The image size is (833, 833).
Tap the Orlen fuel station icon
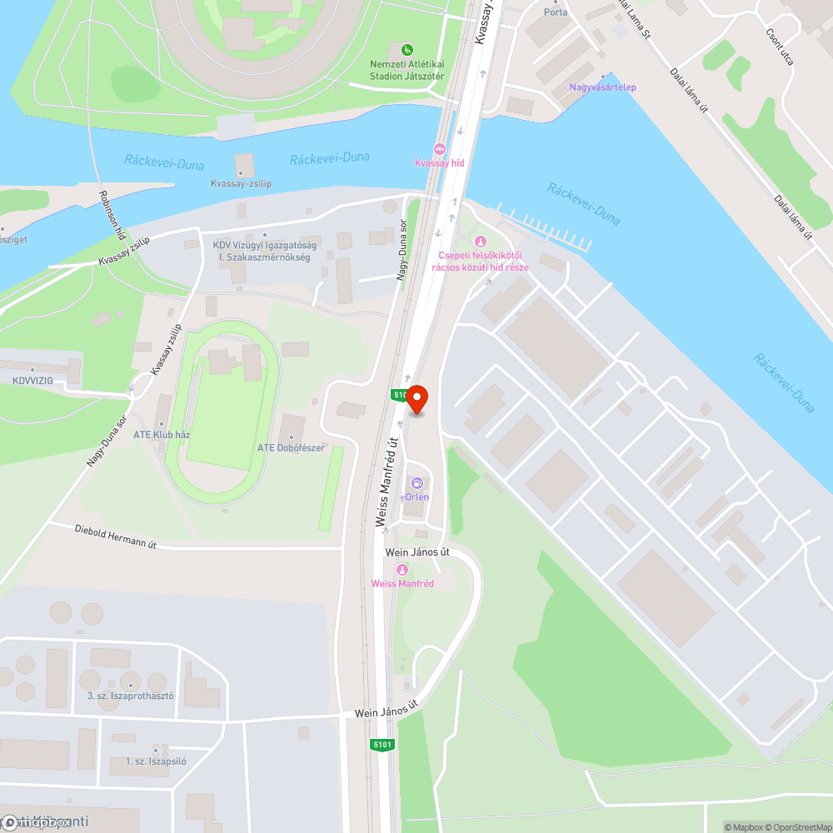click(x=417, y=483)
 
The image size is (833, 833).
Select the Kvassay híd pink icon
click(x=440, y=149)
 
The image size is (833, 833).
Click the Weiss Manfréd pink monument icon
click(x=402, y=570)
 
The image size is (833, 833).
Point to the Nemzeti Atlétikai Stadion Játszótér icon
click(x=407, y=50)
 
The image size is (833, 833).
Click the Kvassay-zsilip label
click(x=241, y=183)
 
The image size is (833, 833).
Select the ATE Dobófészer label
click(x=291, y=447)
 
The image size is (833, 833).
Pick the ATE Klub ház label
click(x=162, y=434)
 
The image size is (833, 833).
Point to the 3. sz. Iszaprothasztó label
click(x=130, y=696)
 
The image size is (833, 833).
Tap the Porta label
click(x=555, y=12)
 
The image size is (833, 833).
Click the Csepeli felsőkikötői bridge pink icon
click(x=479, y=242)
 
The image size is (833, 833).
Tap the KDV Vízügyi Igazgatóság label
click(x=264, y=245)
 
